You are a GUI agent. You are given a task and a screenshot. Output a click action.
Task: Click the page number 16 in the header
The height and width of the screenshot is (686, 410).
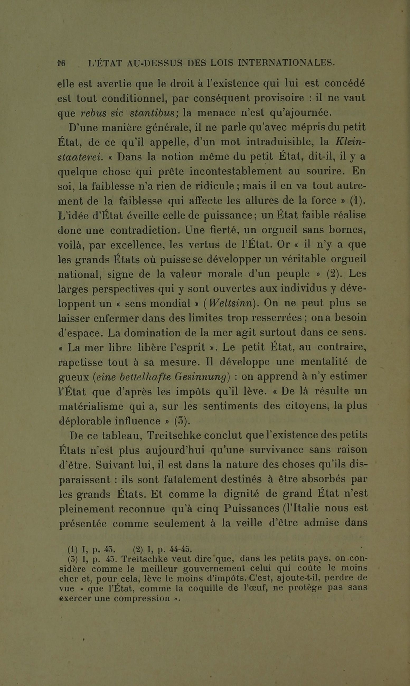pos(61,63)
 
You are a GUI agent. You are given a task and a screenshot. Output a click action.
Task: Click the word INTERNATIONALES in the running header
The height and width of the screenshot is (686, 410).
pos(286,63)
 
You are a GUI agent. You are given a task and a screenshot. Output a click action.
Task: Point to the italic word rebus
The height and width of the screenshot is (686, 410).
pos(94,113)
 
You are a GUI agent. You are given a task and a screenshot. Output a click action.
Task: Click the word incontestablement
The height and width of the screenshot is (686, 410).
pos(236,172)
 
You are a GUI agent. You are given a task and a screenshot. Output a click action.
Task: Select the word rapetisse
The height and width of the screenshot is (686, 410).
pos(81,362)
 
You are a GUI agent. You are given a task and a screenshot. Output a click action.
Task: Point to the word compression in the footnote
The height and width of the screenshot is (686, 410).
pos(142,598)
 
